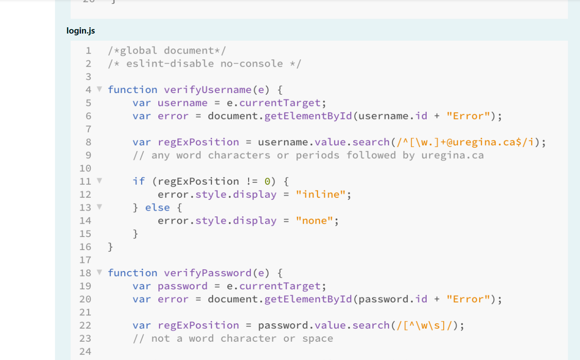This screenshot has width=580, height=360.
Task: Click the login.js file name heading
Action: coord(80,31)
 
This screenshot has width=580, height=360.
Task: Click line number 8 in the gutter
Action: coord(88,142)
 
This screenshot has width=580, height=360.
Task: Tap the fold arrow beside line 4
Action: coord(99,89)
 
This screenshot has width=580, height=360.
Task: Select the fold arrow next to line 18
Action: coord(99,272)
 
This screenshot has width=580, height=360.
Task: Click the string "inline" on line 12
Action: coord(321,195)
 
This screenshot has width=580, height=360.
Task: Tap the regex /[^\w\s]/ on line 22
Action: coord(424,326)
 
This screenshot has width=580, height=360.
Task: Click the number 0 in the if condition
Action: coord(267,182)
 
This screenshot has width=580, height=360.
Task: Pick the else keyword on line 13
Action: coord(157,208)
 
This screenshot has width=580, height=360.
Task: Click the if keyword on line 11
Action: coord(139,182)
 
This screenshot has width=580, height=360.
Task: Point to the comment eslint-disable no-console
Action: coord(204,64)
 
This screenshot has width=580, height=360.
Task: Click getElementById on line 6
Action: coord(308,116)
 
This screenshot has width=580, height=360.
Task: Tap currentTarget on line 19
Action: coord(280,286)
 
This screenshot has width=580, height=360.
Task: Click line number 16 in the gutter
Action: coord(85,247)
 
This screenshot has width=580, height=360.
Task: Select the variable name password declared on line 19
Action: coord(182,286)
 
